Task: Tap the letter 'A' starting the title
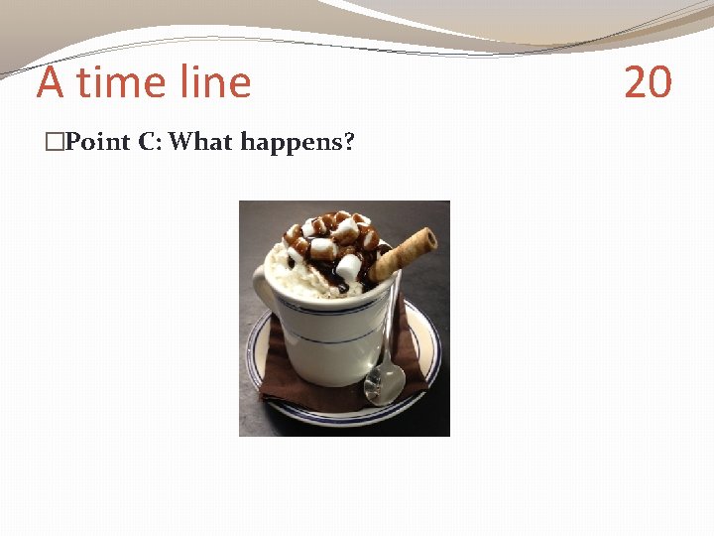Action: coord(51,82)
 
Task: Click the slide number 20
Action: coord(648,82)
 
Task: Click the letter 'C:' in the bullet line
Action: coord(151,142)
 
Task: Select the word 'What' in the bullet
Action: coord(200,142)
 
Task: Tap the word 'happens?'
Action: coord(297,143)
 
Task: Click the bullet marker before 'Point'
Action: coord(54,143)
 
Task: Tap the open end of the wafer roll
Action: coord(428,237)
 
